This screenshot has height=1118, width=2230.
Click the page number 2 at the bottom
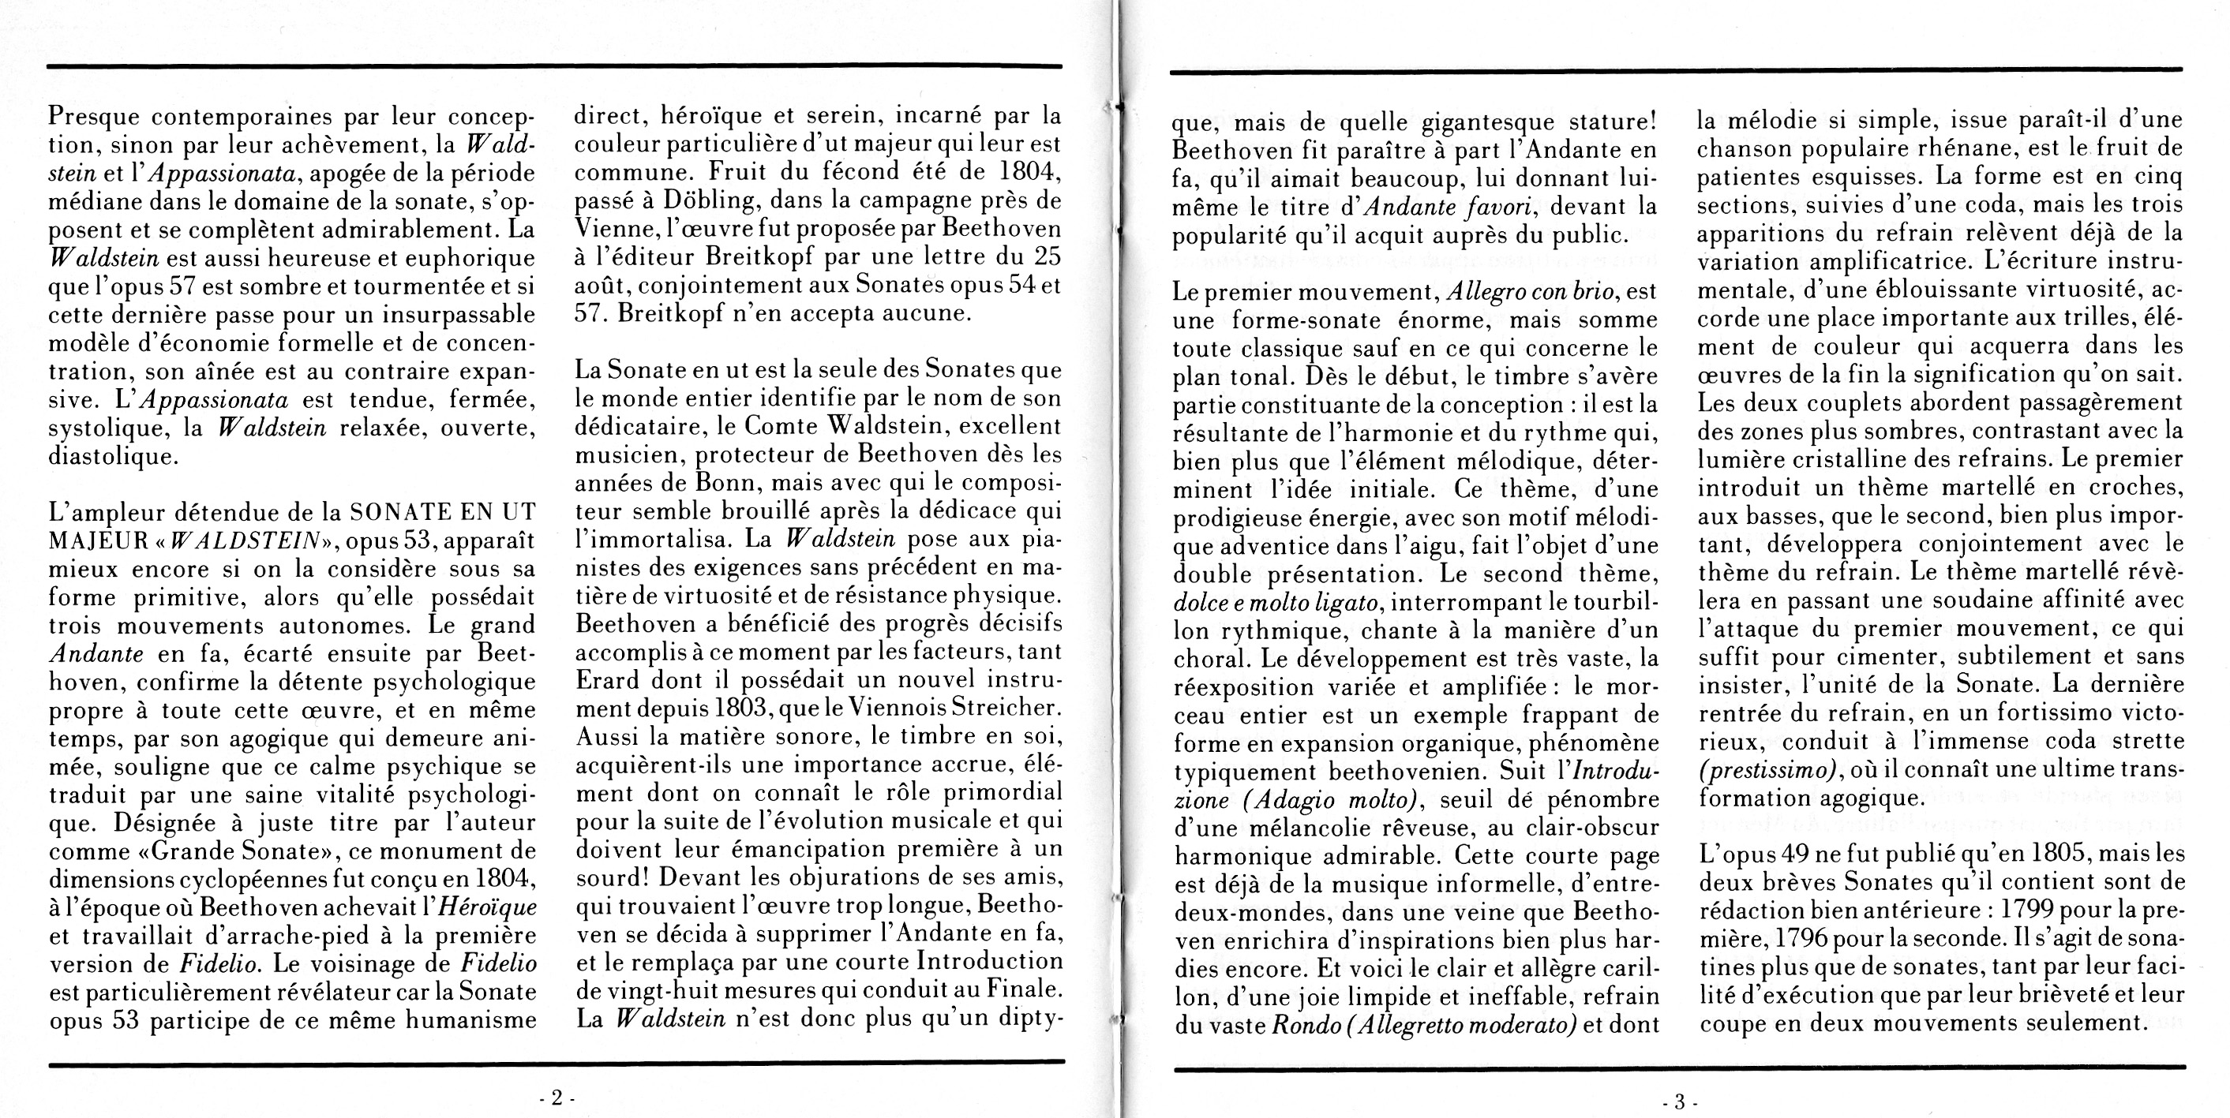[x=557, y=1098]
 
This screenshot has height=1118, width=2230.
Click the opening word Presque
[x=92, y=116]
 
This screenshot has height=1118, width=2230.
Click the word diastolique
[x=113, y=456]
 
